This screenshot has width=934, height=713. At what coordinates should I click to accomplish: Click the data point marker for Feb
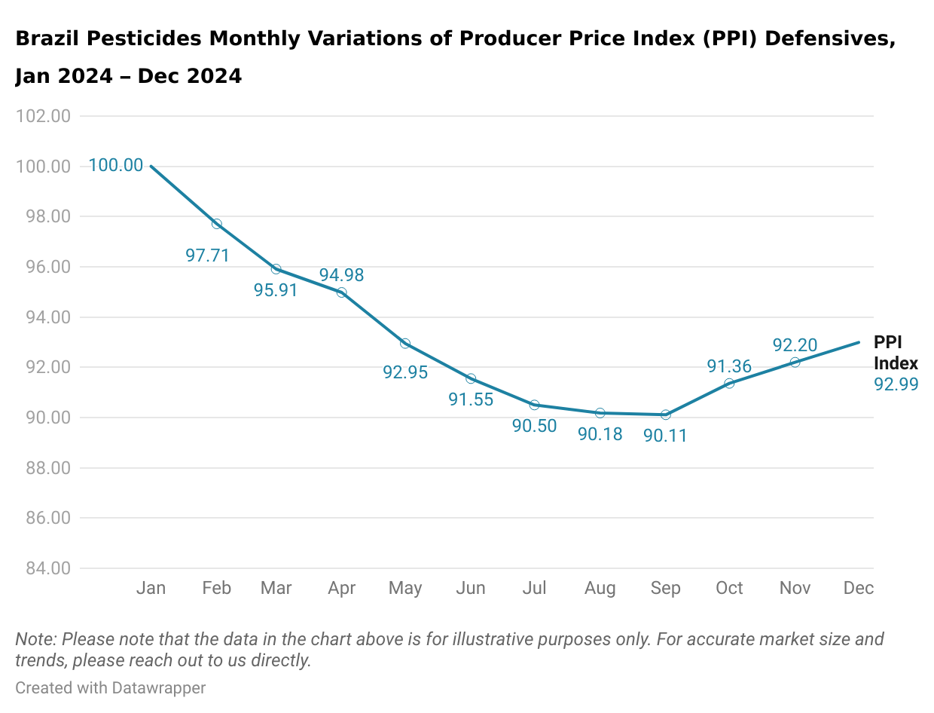[217, 224]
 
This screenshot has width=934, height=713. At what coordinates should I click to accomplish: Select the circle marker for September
[666, 415]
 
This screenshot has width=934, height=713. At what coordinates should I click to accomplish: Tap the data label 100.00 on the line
[116, 165]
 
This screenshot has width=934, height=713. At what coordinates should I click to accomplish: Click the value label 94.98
[341, 275]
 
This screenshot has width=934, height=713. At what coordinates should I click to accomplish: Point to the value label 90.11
[665, 435]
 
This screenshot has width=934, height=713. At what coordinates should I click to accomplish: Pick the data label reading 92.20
[795, 345]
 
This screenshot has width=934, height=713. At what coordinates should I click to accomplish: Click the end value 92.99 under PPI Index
[896, 384]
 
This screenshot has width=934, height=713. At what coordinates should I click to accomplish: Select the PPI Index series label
[895, 353]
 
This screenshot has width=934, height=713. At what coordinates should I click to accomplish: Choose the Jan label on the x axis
[151, 588]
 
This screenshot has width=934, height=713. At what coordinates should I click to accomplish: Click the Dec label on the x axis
[859, 588]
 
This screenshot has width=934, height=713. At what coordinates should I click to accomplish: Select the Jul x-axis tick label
[534, 588]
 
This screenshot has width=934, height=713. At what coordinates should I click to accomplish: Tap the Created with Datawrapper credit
[110, 687]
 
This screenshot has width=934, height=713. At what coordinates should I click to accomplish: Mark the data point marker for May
[405, 344]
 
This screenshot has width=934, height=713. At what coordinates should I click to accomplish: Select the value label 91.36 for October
[728, 366]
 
